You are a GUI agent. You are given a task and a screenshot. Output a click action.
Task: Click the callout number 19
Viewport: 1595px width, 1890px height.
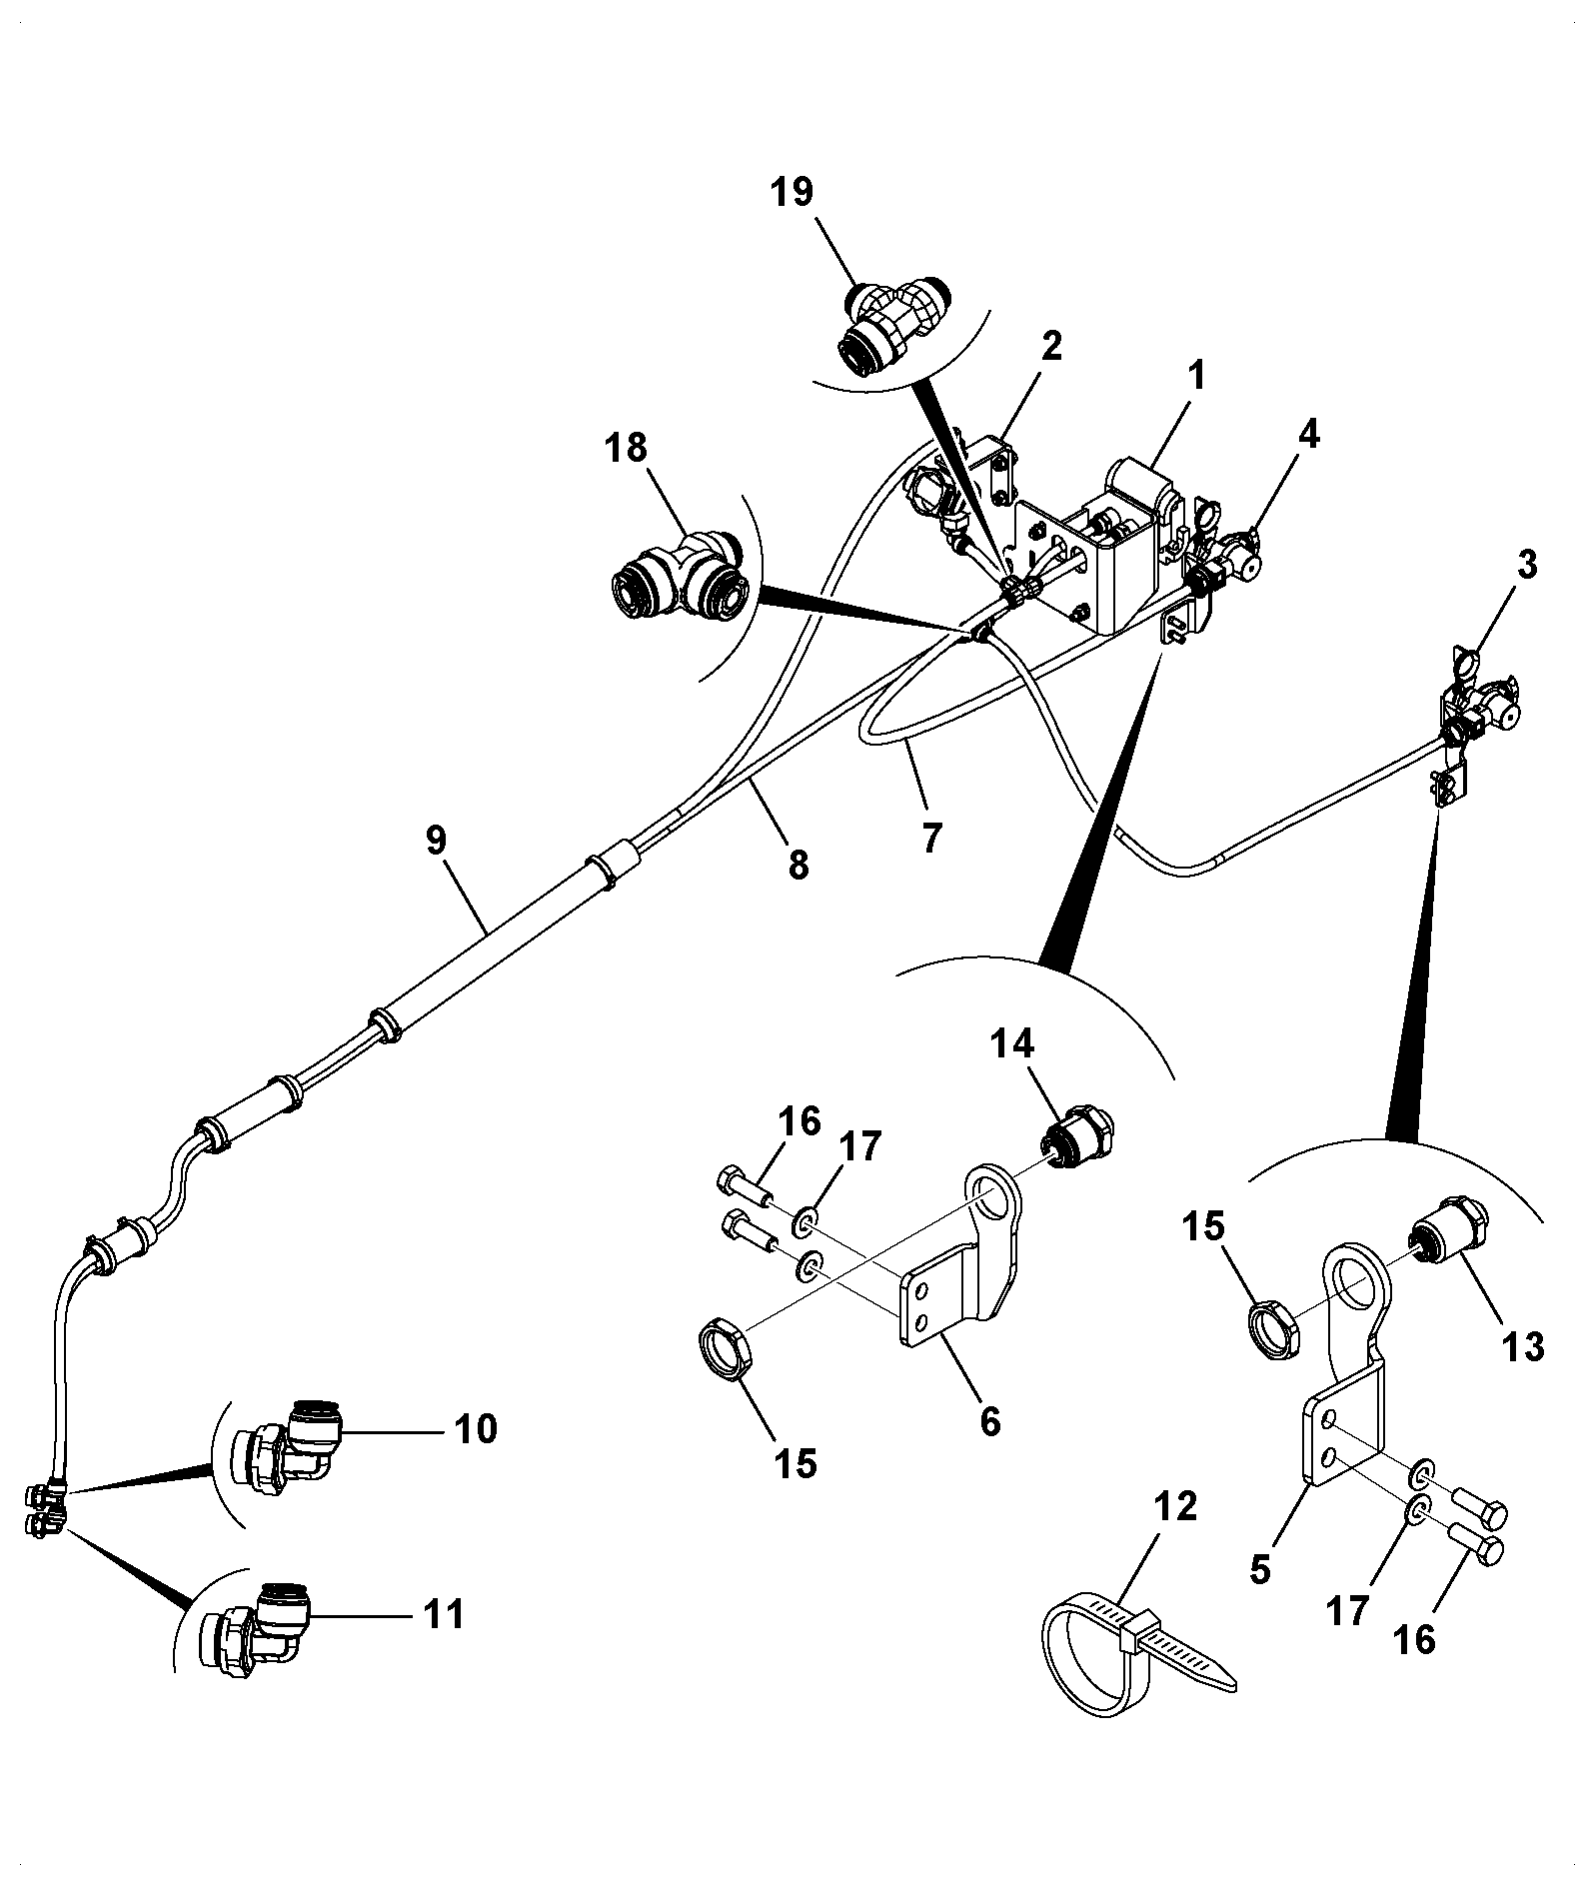click(792, 192)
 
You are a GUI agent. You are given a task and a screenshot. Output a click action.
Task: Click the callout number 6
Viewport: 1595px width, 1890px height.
click(989, 1420)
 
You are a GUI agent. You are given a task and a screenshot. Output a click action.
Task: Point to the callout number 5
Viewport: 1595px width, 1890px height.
click(1259, 1568)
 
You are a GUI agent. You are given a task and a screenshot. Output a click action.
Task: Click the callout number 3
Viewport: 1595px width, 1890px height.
click(1526, 565)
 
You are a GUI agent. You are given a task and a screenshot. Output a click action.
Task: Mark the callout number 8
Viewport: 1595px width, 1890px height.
click(797, 865)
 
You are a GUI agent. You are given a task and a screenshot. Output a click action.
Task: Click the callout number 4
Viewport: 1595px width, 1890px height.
click(1309, 434)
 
